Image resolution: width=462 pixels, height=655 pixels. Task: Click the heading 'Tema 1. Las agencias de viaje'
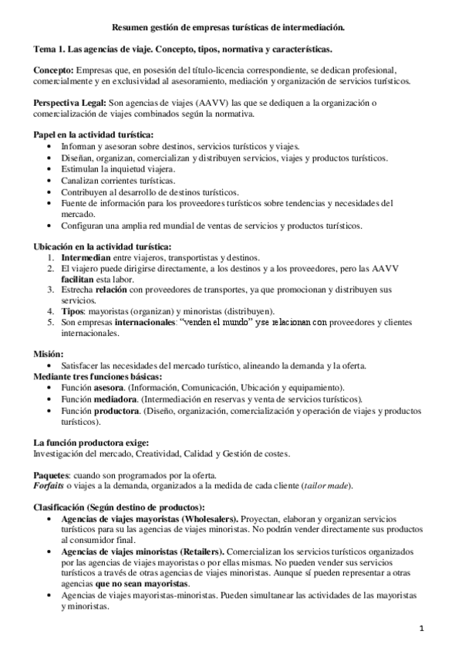[x=183, y=49]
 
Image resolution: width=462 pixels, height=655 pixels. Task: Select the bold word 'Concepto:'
[x=54, y=70]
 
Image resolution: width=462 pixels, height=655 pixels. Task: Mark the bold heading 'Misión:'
[x=49, y=354]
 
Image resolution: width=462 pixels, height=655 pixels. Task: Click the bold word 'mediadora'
[x=119, y=399]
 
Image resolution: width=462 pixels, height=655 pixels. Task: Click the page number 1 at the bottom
[x=423, y=628]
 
